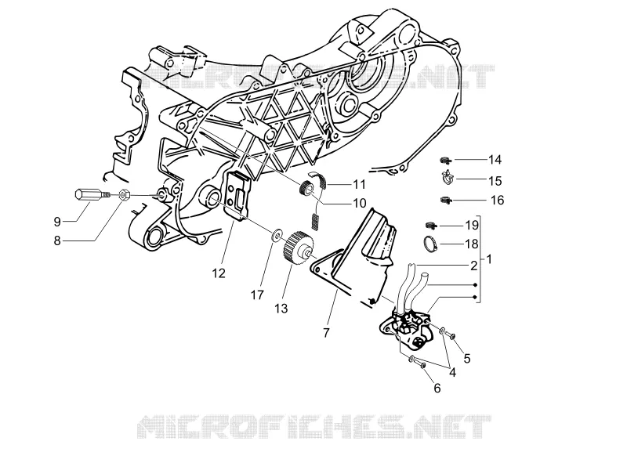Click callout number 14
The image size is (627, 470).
[495, 160]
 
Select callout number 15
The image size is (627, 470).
[495, 181]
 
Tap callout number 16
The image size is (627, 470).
[498, 200]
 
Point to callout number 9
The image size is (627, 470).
[57, 222]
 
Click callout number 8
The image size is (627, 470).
[57, 240]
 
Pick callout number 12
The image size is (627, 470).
[219, 273]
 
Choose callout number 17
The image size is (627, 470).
[258, 295]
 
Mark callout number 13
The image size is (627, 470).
[281, 309]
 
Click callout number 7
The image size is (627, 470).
[326, 332]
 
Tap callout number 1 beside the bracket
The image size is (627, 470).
[488, 259]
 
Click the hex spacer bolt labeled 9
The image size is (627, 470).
[92, 195]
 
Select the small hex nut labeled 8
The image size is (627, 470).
[124, 195]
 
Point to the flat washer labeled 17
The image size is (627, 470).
[277, 235]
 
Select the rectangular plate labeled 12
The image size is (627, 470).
[238, 195]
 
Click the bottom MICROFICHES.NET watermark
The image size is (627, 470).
[314, 426]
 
